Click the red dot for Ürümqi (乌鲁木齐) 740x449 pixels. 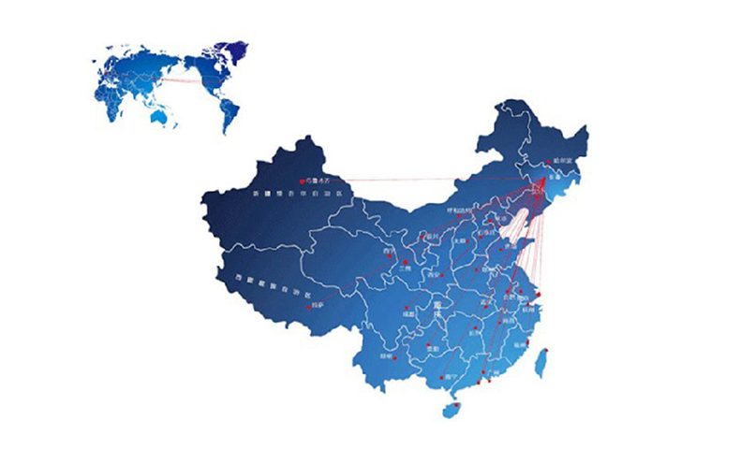(302, 180)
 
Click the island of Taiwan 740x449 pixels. (540, 361)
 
